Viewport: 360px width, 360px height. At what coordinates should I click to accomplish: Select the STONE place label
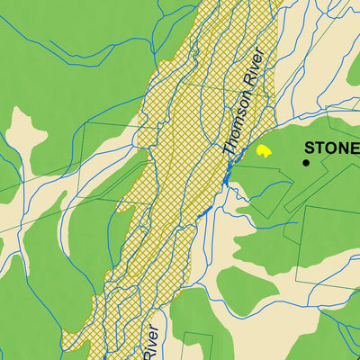pos(331,148)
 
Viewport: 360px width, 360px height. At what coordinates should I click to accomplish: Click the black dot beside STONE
pos(306,163)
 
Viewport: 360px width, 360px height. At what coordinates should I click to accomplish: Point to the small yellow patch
pos(264,151)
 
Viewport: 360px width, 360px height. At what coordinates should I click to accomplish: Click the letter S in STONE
pos(310,148)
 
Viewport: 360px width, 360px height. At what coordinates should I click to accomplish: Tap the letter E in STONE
pos(354,148)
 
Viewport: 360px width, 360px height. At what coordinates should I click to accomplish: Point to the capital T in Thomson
pos(226,152)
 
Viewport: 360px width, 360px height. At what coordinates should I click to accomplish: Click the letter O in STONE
pos(330,148)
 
